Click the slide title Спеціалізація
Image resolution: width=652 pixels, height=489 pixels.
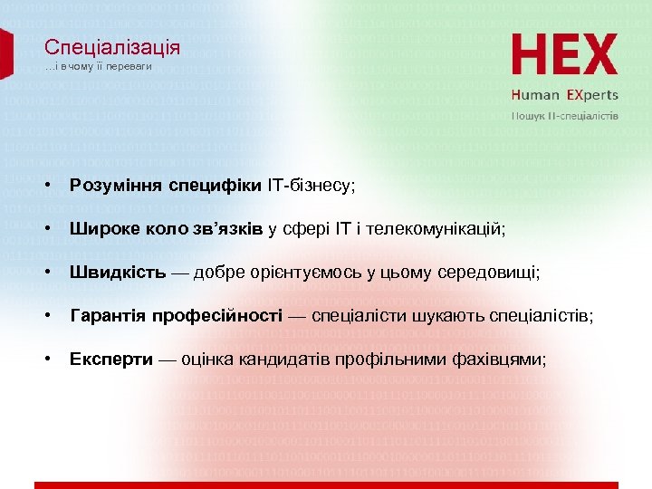click(x=112, y=48)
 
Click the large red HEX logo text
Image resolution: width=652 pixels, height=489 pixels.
click(x=564, y=55)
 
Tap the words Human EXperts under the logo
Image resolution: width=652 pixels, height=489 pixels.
click(x=564, y=95)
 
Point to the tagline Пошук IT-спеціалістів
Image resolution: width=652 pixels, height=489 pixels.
click(x=565, y=116)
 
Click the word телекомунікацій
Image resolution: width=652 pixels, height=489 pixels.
click(x=446, y=230)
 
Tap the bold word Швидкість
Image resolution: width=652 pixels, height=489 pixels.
click(x=118, y=273)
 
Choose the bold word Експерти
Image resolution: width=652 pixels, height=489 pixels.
click(x=110, y=360)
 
